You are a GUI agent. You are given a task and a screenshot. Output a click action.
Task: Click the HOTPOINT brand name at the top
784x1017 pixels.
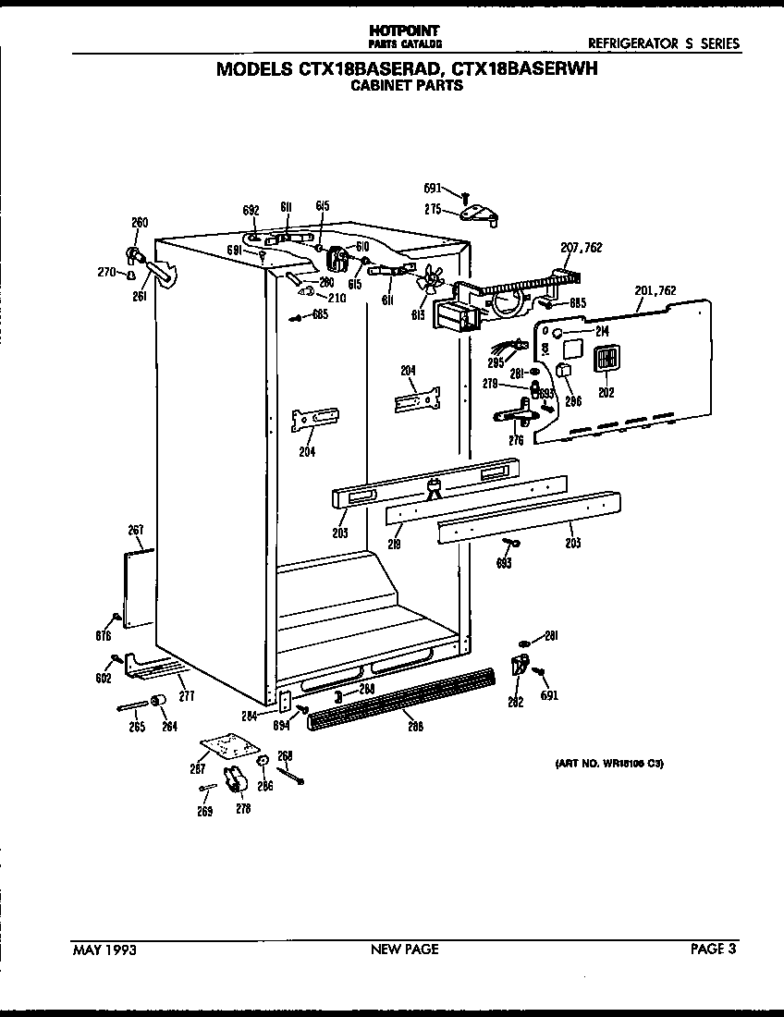coord(405,31)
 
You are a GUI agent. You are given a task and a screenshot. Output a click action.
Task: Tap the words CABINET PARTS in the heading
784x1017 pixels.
coord(406,87)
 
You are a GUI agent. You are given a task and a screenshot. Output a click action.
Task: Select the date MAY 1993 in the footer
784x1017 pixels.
coord(104,949)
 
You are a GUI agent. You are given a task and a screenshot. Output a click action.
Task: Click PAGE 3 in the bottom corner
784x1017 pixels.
coord(714,949)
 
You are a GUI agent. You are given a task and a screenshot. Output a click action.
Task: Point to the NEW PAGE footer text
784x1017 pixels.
coord(404,949)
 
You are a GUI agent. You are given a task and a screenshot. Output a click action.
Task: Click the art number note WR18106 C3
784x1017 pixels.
coord(608,764)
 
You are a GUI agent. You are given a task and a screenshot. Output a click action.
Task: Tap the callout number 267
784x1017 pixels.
coord(135,530)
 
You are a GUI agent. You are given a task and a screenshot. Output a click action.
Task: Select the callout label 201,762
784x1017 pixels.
coord(655,290)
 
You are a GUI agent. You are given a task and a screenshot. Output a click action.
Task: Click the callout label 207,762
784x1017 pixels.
coord(582,247)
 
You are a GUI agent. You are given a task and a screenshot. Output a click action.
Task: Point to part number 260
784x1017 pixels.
coord(140,222)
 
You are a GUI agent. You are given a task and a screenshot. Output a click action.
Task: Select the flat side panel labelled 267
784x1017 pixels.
coord(138,590)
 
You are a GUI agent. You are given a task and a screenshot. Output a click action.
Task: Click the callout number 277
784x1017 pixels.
coord(187,695)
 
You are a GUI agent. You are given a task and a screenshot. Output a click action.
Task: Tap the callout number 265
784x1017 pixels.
coord(137,727)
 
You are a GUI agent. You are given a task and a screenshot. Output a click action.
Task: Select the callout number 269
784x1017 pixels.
coord(204,812)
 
